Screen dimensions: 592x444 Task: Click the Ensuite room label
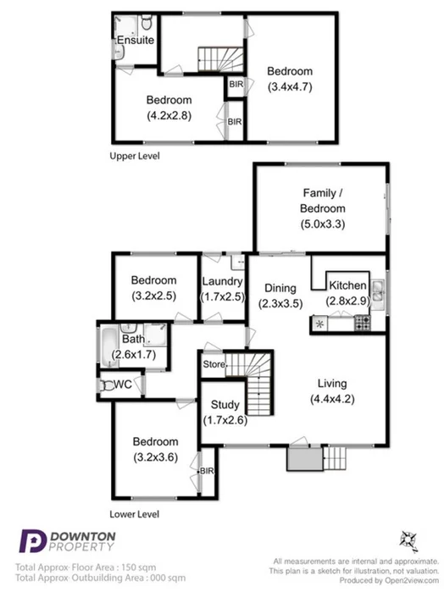(x=135, y=40)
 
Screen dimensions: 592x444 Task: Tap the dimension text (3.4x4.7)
(x=290, y=86)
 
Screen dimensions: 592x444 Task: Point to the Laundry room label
(x=222, y=282)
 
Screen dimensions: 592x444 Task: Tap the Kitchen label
(x=347, y=285)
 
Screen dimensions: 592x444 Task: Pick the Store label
(x=213, y=365)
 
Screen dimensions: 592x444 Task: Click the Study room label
(x=225, y=405)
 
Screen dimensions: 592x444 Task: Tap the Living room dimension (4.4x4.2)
(x=333, y=399)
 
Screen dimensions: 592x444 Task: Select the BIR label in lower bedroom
(x=206, y=469)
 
